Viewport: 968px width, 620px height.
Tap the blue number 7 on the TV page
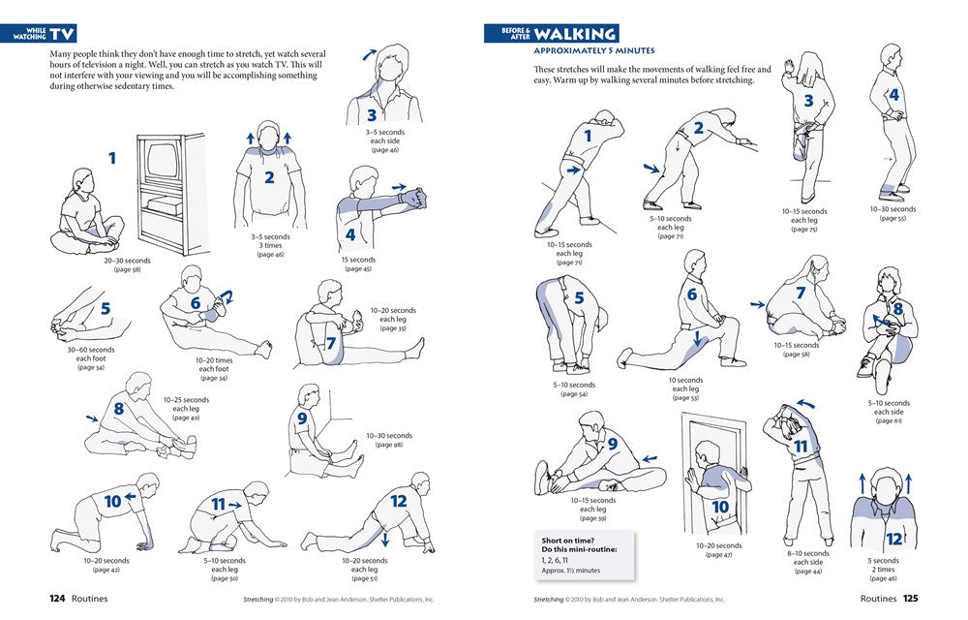click(331, 342)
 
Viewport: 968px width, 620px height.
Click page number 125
click(909, 599)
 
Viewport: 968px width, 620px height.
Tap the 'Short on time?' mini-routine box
click(584, 552)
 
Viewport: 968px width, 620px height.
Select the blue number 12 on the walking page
click(893, 538)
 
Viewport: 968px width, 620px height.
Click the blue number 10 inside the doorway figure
click(720, 507)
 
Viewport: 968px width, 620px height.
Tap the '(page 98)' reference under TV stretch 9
click(389, 445)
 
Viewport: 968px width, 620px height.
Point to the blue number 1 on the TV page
click(112, 157)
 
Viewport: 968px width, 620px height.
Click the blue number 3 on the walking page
click(808, 100)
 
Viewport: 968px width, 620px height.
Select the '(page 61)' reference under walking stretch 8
click(888, 420)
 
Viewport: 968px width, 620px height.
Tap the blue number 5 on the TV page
click(105, 310)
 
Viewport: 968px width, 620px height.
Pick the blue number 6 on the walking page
click(691, 294)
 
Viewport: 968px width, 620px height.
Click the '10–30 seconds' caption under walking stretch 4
click(892, 209)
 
